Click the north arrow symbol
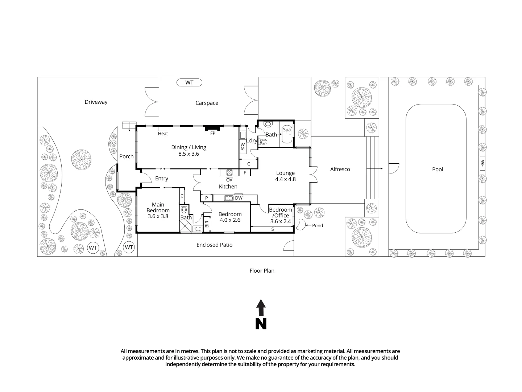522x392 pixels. point(261,314)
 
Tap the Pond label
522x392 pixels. point(318,225)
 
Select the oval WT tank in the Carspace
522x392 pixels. point(189,83)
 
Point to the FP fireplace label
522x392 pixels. point(212,133)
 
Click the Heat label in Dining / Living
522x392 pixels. point(163,134)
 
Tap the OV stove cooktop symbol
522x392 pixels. point(229,172)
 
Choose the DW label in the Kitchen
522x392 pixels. point(239,198)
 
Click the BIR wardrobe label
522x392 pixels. point(207,224)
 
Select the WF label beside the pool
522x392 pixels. point(482,163)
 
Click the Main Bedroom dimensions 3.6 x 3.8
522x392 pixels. point(158,216)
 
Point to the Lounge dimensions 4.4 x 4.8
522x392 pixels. point(285,179)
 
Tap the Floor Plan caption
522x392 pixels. point(262,271)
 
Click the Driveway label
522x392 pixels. point(96,102)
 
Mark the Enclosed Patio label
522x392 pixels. point(214,245)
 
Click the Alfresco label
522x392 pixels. point(340,169)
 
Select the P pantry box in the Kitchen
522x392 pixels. point(206,198)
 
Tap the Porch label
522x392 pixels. point(126,156)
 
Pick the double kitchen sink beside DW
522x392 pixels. point(229,198)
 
